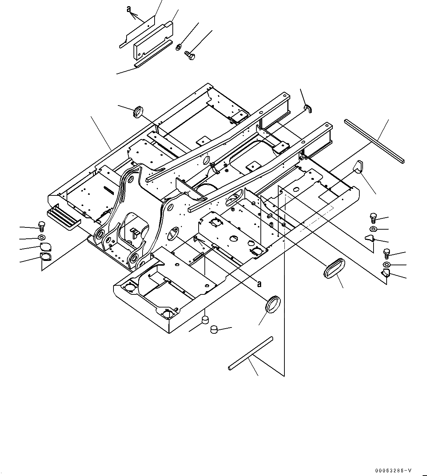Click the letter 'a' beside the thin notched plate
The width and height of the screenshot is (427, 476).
[129, 9]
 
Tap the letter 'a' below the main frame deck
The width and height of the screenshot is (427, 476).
[259, 284]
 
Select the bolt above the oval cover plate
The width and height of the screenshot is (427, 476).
[41, 226]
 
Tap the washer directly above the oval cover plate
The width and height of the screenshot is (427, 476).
[42, 238]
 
